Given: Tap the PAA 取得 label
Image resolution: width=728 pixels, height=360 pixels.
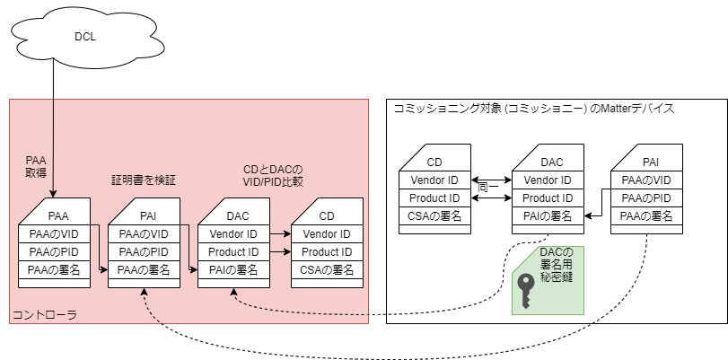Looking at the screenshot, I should point(35,167).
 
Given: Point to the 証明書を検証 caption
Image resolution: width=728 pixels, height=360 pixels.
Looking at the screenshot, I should point(143,180).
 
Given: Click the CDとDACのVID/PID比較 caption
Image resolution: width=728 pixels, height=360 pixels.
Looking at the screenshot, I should point(273,174).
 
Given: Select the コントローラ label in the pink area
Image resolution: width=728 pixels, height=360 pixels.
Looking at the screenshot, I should point(44,314).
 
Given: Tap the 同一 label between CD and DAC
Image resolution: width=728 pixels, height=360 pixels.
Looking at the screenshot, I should point(488,187).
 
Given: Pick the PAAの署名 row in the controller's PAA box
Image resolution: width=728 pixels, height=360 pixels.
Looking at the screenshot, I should point(55,269).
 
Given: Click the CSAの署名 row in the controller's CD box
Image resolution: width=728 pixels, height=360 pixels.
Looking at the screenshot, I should point(327,269).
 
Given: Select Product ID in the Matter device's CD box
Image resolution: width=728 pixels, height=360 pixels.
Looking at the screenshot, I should point(434,198).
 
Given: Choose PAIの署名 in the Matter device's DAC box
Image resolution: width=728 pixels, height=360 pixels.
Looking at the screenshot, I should point(548,215).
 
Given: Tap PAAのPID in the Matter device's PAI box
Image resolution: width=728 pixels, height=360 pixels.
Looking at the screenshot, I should point(646,198).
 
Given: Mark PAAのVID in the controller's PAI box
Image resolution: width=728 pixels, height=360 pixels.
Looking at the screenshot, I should point(144,234).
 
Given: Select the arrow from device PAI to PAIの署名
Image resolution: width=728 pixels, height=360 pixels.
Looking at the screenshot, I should point(596,215).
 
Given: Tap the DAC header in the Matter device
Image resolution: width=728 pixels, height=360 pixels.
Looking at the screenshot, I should point(551,162).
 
